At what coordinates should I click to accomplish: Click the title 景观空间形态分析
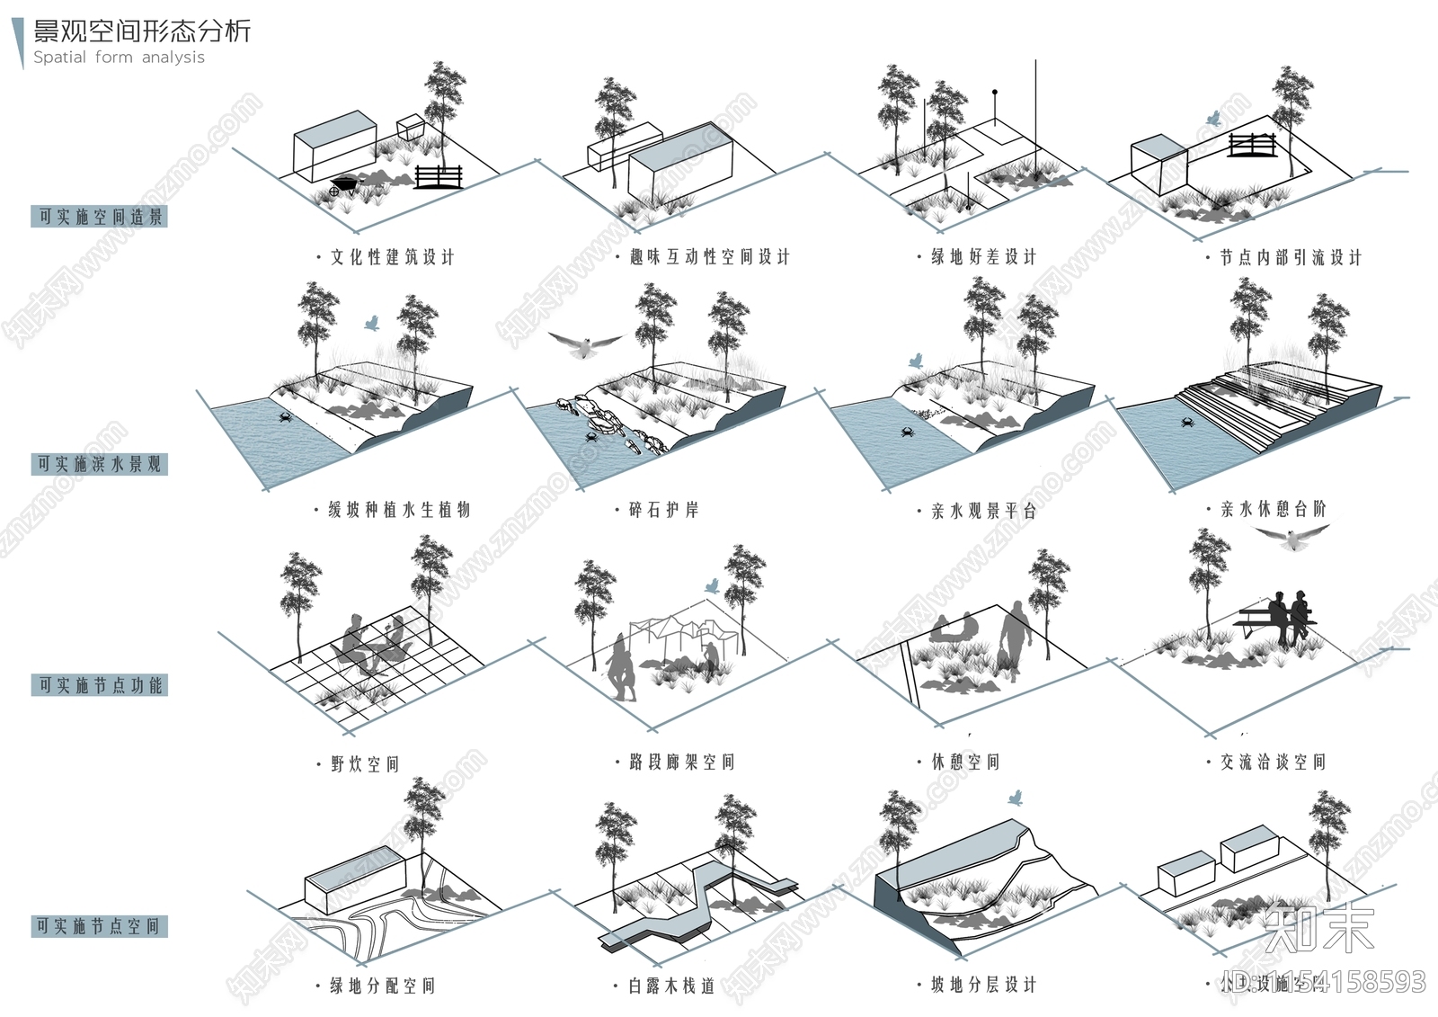click(142, 31)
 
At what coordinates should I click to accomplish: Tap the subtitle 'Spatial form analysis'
click(119, 58)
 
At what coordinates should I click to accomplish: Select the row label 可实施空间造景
click(100, 217)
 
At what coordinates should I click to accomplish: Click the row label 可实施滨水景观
click(100, 464)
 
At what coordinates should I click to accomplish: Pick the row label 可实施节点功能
click(100, 685)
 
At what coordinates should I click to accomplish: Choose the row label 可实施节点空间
click(100, 926)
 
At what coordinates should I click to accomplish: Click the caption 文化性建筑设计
click(392, 257)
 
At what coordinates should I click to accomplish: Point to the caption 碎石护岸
click(663, 510)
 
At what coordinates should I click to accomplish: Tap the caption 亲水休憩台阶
click(1273, 509)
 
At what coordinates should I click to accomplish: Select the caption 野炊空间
click(364, 764)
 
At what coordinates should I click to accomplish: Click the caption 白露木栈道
click(671, 986)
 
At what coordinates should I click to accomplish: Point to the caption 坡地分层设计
click(983, 985)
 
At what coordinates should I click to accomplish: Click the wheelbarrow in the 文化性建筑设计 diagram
click(342, 186)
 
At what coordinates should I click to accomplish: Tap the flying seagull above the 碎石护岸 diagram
click(585, 344)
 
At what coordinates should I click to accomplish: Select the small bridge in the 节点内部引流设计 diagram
click(1252, 144)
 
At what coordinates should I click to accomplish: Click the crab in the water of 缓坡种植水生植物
click(285, 417)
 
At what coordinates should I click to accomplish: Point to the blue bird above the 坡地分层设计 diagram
click(1016, 798)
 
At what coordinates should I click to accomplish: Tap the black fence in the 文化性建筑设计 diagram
click(439, 176)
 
